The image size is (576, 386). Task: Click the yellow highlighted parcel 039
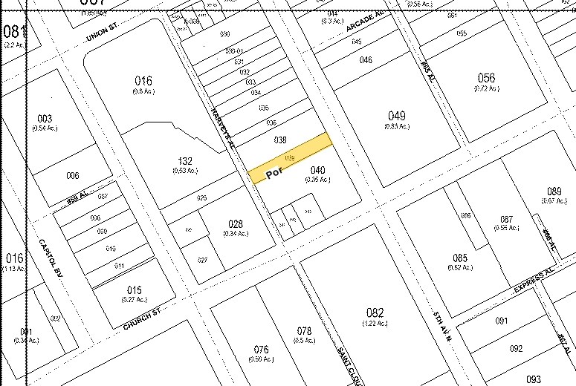(x=290, y=158)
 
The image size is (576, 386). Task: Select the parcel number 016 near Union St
(x=143, y=81)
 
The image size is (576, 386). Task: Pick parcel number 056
(x=486, y=78)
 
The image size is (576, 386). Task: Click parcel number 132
(x=185, y=160)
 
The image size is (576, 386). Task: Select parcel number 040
(x=318, y=169)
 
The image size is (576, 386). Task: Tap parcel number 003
(x=45, y=119)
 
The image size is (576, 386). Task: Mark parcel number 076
(x=260, y=349)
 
